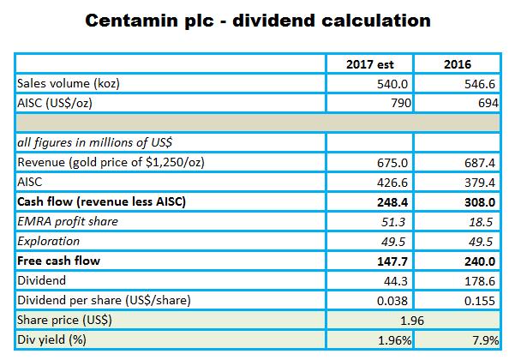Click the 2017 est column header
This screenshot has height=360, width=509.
[369, 64]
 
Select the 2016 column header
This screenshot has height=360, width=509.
[458, 64]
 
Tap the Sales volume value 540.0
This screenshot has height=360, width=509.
[392, 84]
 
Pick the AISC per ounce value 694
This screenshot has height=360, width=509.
[488, 103]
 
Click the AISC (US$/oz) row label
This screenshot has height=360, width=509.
[55, 103]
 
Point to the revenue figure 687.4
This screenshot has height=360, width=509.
[480, 163]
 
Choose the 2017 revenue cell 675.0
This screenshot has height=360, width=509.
[392, 163]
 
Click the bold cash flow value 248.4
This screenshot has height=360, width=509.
[392, 202]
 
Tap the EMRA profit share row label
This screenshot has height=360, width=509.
[68, 221]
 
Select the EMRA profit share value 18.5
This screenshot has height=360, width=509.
[481, 222]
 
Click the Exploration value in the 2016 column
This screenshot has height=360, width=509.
[481, 242]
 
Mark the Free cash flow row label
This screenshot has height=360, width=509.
[58, 261]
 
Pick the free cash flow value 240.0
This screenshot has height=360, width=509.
[480, 261]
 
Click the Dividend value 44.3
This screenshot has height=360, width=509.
[395, 281]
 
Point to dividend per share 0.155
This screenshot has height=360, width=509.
[480, 301]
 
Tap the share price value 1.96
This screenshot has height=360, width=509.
[412, 321]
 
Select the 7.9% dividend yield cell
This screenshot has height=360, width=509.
[486, 340]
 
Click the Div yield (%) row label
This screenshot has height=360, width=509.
[51, 340]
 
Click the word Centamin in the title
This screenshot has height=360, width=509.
[132, 21]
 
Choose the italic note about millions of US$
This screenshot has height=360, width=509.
[94, 142]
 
